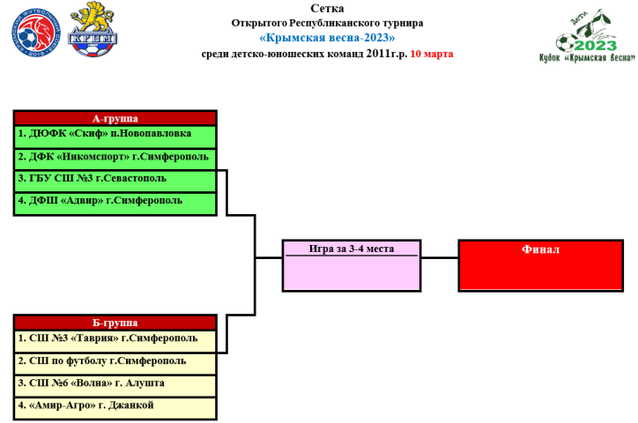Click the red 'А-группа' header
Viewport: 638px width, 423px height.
(115, 118)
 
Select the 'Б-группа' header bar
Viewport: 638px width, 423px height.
(115, 323)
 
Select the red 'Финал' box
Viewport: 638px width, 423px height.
(540, 265)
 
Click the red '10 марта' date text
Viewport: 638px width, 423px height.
(432, 54)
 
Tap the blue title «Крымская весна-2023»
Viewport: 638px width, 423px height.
(328, 38)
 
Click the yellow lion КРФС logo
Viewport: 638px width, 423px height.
(93, 26)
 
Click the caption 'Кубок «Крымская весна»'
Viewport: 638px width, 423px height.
(586, 58)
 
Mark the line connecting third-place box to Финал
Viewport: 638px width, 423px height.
(438, 258)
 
